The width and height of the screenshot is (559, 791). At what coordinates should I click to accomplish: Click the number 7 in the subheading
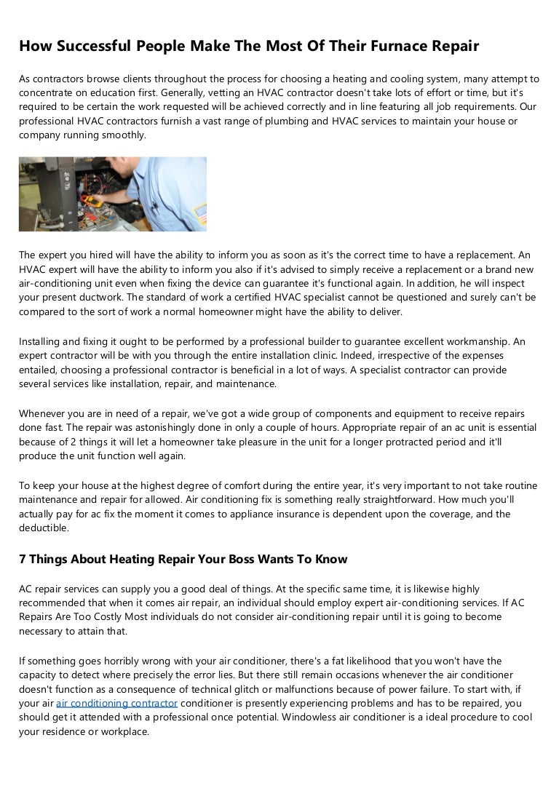click(x=23, y=560)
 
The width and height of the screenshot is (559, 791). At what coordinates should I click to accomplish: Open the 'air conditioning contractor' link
click(x=116, y=703)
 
